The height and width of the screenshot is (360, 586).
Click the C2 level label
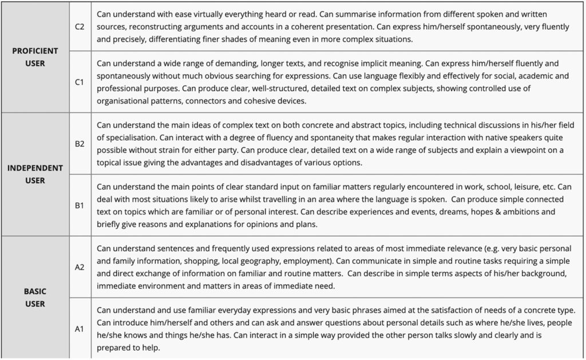point(80,26)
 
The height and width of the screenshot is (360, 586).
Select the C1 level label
point(80,82)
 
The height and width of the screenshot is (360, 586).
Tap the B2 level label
point(80,144)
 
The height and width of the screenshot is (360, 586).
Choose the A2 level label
point(80,267)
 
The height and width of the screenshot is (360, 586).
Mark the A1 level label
point(80,329)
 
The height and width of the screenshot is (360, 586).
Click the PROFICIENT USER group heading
point(35,57)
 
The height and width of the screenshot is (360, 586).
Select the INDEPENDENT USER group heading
point(35,175)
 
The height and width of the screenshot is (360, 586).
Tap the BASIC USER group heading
point(35,298)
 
